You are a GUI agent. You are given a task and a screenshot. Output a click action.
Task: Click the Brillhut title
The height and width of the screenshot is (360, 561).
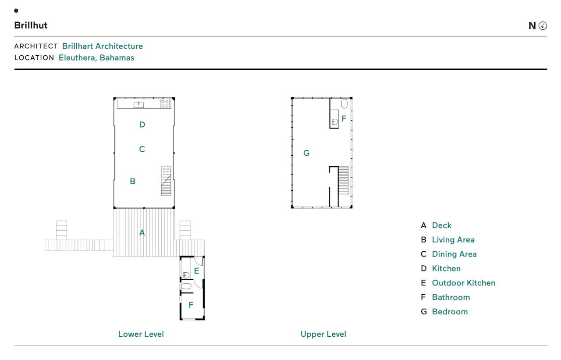click(31, 25)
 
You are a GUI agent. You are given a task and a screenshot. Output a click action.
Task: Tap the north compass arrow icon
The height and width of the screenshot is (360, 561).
click(543, 25)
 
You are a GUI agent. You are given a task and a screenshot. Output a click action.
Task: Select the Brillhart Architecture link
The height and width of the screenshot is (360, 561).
click(103, 46)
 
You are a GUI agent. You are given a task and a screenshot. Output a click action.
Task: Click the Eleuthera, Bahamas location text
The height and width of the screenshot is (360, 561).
click(96, 57)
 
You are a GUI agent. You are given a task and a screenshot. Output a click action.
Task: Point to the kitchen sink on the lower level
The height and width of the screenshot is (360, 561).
click(138, 104)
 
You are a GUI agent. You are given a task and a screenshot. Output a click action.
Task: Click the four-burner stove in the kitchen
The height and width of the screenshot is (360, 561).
click(165, 104)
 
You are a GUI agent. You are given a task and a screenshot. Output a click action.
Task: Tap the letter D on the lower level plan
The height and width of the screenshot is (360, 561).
click(142, 125)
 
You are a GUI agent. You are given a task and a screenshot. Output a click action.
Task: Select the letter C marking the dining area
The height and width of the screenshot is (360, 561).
click(142, 149)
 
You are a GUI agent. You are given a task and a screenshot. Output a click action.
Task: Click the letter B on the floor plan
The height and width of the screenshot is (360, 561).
click(132, 181)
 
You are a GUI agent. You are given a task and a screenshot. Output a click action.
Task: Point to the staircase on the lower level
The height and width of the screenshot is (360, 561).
click(166, 181)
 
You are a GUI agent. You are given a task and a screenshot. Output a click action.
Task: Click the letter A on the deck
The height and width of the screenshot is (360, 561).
click(142, 233)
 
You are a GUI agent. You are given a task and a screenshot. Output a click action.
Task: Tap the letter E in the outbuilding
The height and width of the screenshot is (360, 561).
click(197, 271)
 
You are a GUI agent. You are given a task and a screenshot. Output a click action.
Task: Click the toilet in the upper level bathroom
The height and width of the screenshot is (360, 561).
click(344, 103)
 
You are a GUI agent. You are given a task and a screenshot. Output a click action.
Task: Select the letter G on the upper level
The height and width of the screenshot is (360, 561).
click(306, 153)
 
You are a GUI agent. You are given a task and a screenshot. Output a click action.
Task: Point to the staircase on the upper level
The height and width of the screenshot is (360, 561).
click(343, 180)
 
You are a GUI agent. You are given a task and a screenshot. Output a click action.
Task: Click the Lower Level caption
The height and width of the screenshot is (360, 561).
click(141, 334)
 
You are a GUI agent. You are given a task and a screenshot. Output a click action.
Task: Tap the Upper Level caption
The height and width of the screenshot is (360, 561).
click(323, 334)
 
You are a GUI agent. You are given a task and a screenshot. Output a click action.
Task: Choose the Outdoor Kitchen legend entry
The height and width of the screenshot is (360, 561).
click(464, 283)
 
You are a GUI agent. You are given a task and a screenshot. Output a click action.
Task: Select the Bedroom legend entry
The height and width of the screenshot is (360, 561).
click(450, 312)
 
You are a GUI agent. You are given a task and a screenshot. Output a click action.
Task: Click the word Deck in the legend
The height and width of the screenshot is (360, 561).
click(441, 225)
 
